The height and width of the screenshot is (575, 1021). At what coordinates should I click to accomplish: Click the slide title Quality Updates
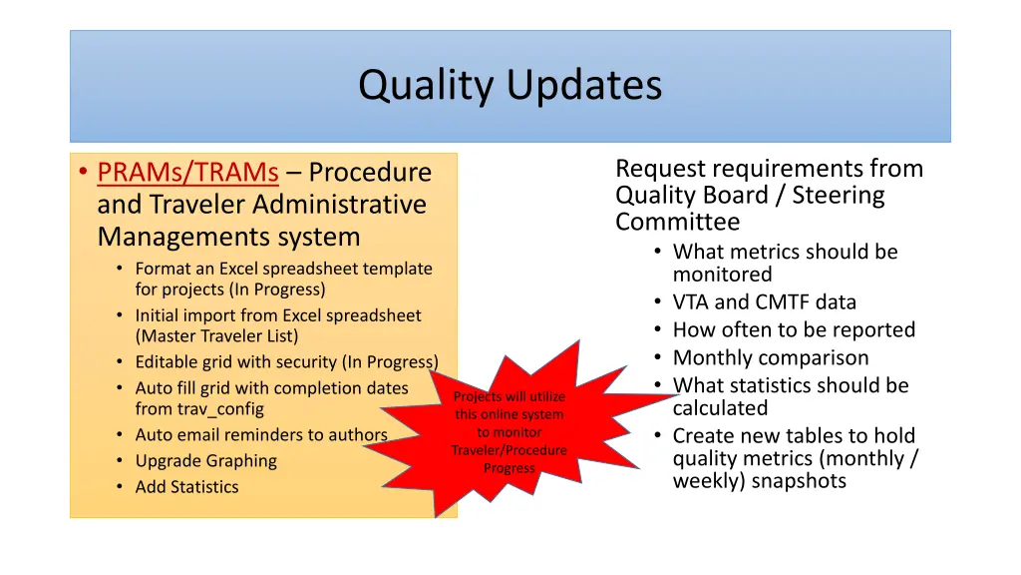(x=510, y=85)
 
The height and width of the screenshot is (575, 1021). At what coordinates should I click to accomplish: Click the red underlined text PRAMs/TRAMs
(x=187, y=173)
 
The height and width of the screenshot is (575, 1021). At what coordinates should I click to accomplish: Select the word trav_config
(x=199, y=409)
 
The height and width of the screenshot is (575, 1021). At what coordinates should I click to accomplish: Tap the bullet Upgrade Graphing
(x=205, y=461)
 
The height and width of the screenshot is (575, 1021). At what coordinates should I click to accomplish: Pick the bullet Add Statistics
(x=186, y=487)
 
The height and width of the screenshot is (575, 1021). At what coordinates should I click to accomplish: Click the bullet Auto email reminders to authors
(x=261, y=435)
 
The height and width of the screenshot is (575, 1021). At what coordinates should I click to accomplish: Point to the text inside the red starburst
(x=510, y=432)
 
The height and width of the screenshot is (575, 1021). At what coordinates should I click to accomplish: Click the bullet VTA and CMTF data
(x=764, y=302)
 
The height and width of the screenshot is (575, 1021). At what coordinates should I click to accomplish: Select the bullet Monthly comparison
(x=770, y=358)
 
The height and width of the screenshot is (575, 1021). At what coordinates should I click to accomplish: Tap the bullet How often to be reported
(x=794, y=330)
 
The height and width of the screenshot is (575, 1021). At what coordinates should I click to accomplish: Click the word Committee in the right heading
(x=677, y=222)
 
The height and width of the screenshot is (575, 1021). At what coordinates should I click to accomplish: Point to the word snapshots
(x=801, y=481)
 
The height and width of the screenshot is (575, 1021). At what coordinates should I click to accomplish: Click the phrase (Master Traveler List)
(x=216, y=336)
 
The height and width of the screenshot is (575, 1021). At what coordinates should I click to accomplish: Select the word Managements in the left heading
(x=166, y=238)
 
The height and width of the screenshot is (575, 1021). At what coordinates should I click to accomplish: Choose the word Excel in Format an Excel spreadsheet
(x=242, y=269)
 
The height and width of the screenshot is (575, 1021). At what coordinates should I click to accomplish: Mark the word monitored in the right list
(x=722, y=275)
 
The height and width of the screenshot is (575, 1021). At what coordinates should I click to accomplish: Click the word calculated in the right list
(x=720, y=408)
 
